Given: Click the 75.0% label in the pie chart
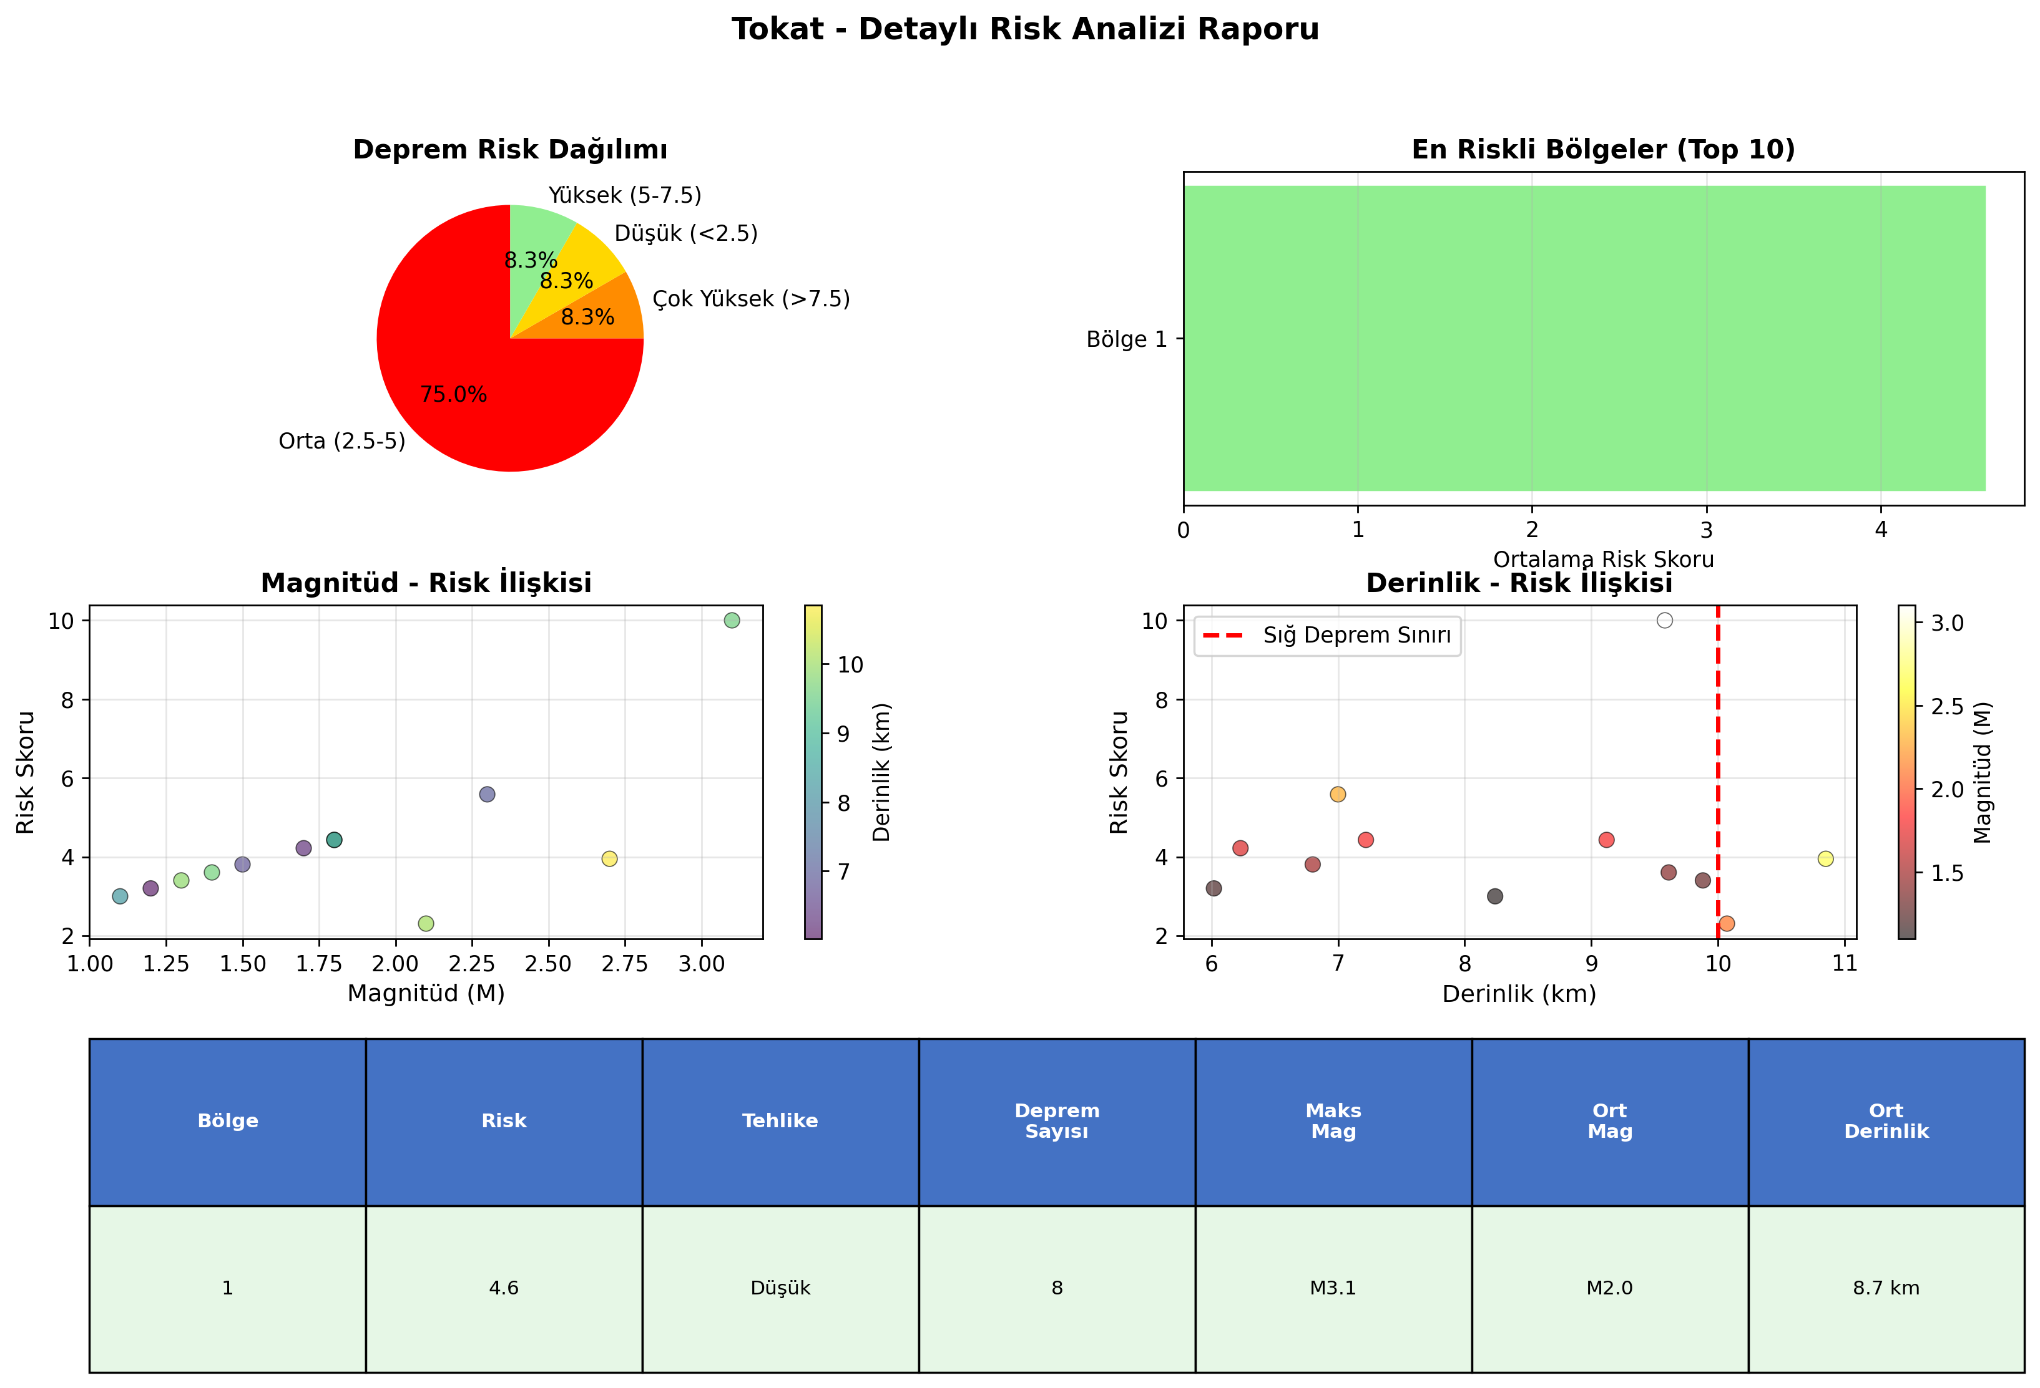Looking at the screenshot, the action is click(453, 395).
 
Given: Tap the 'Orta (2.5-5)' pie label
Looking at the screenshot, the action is click(341, 441).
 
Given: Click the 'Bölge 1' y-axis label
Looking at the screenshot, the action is click(1126, 339).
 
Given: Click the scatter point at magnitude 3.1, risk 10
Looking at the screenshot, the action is click(732, 620).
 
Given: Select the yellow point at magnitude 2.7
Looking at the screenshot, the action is click(609, 859).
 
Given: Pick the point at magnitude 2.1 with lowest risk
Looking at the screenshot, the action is click(426, 924).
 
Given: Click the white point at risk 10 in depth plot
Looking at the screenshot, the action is click(1664, 620).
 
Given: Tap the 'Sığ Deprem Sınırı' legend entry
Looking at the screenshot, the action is click(1326, 635).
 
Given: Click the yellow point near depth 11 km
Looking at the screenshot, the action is click(1826, 859).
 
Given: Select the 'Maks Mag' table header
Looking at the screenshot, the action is click(1333, 1121).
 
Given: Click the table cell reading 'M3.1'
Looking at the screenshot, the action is click(1333, 1288).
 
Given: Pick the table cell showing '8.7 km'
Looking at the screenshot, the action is click(1886, 1288).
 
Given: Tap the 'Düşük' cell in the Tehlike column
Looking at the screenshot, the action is click(780, 1288).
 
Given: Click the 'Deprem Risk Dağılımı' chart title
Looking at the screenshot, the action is click(510, 150).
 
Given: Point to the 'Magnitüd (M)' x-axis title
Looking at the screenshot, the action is click(426, 994).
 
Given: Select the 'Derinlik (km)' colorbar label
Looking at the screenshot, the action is click(881, 772).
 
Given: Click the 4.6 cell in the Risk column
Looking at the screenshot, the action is click(504, 1288).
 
